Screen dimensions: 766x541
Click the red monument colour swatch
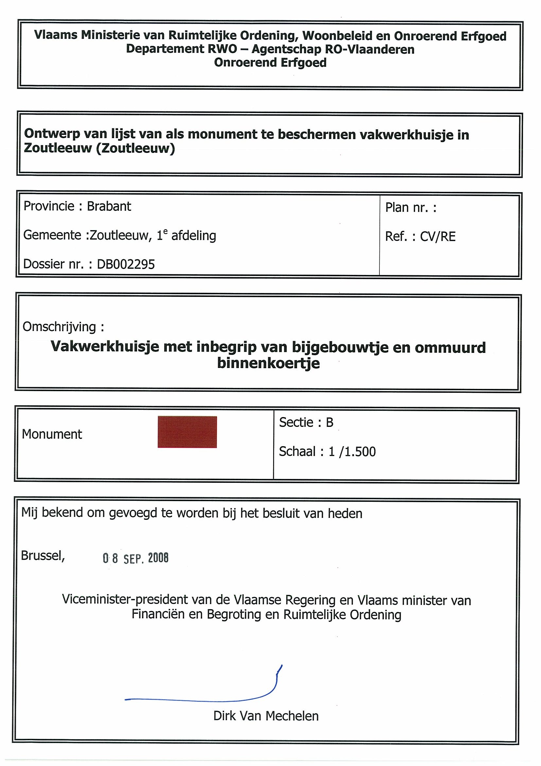187,432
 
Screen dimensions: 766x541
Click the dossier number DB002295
126,264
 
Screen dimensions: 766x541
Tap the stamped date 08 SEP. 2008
136,558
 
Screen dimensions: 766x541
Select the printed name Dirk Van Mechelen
266,716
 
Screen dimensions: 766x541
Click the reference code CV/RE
437,237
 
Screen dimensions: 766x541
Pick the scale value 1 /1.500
352,452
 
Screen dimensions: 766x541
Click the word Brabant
109,207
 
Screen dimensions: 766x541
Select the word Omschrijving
59,327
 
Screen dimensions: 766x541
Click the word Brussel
42,556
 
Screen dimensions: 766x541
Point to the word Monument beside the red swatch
52,434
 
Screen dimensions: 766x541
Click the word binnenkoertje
268,363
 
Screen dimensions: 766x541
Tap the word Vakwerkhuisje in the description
105,347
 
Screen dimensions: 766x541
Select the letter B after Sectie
329,423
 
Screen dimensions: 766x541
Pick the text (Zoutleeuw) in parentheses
136,148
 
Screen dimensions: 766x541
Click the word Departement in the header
165,49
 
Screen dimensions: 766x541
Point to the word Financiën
158,614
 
